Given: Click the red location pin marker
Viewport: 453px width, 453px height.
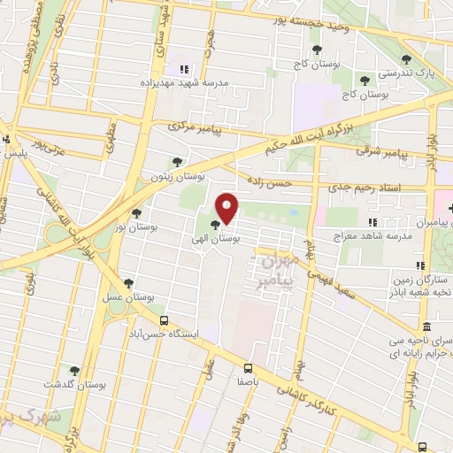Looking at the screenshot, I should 227,209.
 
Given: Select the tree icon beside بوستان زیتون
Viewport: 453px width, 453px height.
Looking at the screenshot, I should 177,162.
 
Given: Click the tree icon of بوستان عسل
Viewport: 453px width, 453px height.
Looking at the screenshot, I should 129,283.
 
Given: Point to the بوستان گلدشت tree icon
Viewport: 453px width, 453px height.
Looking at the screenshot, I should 74,370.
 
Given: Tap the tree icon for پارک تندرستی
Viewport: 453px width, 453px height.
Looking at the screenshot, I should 406,59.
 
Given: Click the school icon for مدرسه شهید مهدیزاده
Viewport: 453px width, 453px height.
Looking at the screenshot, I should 184,69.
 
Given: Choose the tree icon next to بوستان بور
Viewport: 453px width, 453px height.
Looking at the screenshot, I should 136,212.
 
